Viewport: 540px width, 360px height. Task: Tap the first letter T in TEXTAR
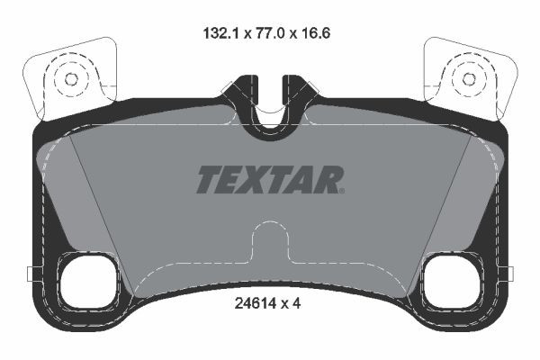[x=208, y=180]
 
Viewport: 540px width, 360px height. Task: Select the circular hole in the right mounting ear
[x=468, y=78]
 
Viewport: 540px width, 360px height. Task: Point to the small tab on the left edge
[x=30, y=274]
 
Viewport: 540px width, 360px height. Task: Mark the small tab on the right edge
[x=509, y=274]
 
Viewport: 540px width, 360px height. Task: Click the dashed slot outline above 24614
[x=268, y=243]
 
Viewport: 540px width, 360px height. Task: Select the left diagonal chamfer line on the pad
[x=101, y=216]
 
